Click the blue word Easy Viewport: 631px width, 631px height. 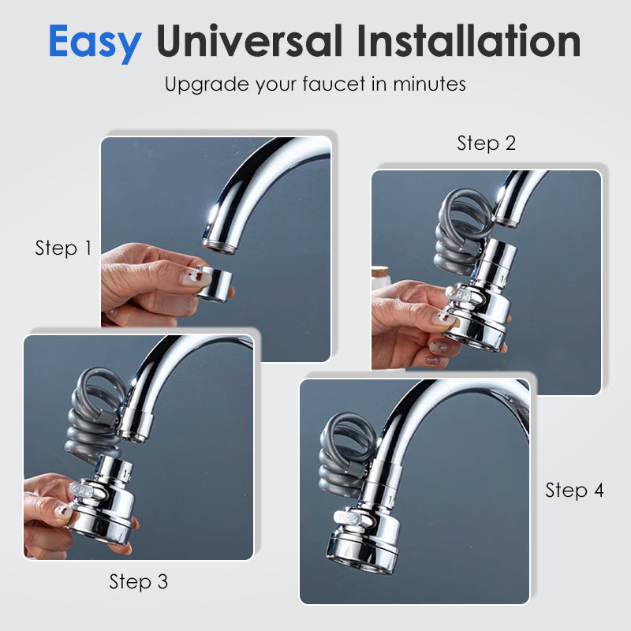coord(95,43)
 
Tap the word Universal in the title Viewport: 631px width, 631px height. coord(249,41)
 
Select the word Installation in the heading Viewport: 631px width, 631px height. coord(469,40)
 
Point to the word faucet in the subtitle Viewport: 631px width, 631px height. coord(334,84)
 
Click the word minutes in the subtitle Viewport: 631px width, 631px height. coord(429,84)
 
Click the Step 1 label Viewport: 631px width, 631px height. coord(63,248)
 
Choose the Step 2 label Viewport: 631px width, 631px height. coord(486,144)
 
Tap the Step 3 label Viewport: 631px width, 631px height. coord(139,582)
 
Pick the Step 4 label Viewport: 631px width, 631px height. coord(574,491)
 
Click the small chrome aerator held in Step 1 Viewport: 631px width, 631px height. coord(215,284)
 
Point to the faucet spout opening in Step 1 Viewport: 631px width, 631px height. coord(218,246)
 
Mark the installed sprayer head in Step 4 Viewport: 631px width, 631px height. coord(365,519)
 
